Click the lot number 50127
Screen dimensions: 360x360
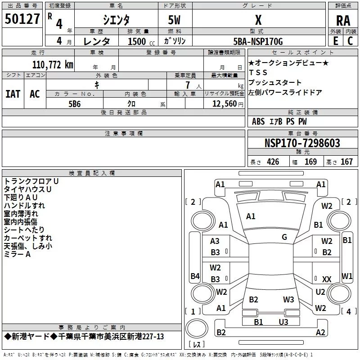22,19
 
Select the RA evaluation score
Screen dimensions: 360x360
343,20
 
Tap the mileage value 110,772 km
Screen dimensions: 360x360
53,65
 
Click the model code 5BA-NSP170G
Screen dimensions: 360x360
258,41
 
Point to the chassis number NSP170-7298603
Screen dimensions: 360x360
302,143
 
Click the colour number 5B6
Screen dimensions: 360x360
74,103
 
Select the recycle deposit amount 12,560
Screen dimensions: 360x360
224,103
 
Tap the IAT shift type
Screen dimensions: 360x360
13,94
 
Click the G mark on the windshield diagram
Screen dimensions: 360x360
284,237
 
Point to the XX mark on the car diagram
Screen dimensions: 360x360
327,279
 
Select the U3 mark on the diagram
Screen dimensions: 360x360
283,322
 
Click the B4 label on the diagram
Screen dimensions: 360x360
195,276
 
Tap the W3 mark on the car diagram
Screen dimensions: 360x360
288,299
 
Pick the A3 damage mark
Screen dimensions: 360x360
215,242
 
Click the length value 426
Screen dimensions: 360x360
273,162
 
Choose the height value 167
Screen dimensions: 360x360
346,162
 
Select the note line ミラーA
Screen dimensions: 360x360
17,255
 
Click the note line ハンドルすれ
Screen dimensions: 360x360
24,205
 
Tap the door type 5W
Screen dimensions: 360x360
175,21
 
